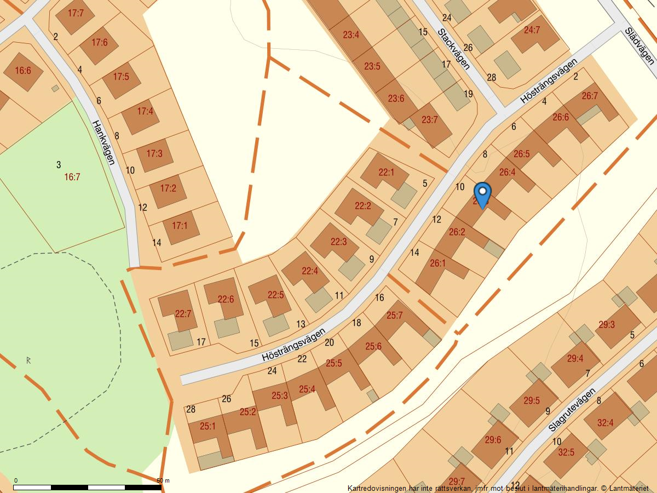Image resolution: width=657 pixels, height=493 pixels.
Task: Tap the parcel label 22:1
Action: click(x=386, y=172)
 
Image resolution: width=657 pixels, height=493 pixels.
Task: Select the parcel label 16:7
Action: click(x=72, y=177)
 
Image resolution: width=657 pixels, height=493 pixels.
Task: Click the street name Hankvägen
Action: click(x=103, y=142)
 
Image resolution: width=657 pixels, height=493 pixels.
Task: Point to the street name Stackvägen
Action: click(x=454, y=49)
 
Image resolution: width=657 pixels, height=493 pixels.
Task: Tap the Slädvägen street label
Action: click(x=639, y=47)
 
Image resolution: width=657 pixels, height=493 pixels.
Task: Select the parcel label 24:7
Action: click(x=532, y=30)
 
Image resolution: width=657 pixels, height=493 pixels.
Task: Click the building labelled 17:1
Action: click(x=180, y=225)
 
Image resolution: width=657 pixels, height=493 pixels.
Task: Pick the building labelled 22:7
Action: click(x=183, y=314)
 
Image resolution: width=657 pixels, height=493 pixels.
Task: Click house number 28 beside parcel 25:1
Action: click(x=191, y=409)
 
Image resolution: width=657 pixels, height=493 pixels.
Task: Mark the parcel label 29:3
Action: click(x=606, y=324)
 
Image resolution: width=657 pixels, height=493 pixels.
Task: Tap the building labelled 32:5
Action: click(x=566, y=452)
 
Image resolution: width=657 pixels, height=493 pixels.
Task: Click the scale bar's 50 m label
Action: click(x=163, y=480)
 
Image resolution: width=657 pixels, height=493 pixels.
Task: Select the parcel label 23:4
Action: click(x=351, y=35)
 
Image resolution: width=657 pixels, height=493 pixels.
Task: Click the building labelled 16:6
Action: click(x=23, y=71)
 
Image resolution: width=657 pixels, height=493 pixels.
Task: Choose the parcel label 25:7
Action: click(x=394, y=315)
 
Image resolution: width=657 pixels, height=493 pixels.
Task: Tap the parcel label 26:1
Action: click(x=437, y=263)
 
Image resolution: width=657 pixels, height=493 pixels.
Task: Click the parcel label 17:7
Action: click(x=76, y=13)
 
